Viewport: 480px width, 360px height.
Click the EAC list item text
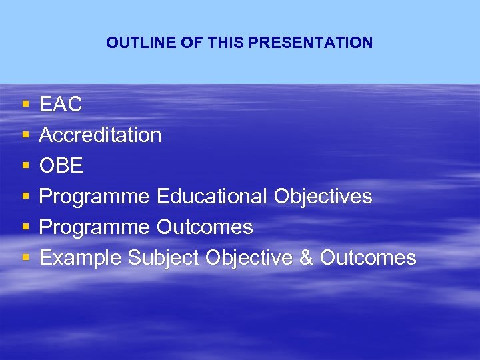point(61,105)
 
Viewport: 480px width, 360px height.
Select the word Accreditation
point(100,135)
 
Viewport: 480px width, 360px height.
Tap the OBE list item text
point(61,166)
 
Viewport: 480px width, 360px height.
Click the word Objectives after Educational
point(323,197)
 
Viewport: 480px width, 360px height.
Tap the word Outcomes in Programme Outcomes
point(205,227)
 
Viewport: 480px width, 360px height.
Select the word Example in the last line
point(81,258)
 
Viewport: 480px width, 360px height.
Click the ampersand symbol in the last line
point(306,258)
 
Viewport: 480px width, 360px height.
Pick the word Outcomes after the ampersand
point(368,258)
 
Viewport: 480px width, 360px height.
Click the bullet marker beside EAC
point(25,105)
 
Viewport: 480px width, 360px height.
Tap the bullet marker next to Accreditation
point(25,135)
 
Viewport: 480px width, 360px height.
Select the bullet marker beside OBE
point(25,166)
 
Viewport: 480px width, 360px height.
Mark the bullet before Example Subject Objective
point(25,258)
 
